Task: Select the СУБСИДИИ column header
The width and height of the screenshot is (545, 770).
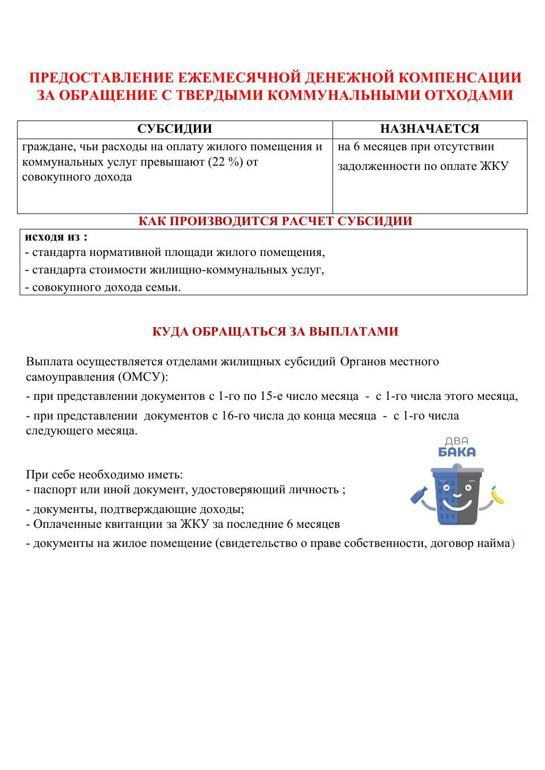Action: tap(175, 129)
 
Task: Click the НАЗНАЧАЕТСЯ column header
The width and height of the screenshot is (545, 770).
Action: tap(429, 129)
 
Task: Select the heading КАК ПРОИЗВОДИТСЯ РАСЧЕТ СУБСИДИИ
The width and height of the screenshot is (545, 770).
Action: tap(275, 221)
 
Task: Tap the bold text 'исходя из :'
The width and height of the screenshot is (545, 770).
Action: tap(56, 237)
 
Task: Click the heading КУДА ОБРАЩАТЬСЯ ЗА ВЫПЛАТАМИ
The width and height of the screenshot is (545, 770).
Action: tap(275, 331)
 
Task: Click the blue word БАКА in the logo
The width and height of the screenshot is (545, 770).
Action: tap(457, 452)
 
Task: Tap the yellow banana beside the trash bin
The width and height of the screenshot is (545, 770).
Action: tap(497, 495)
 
